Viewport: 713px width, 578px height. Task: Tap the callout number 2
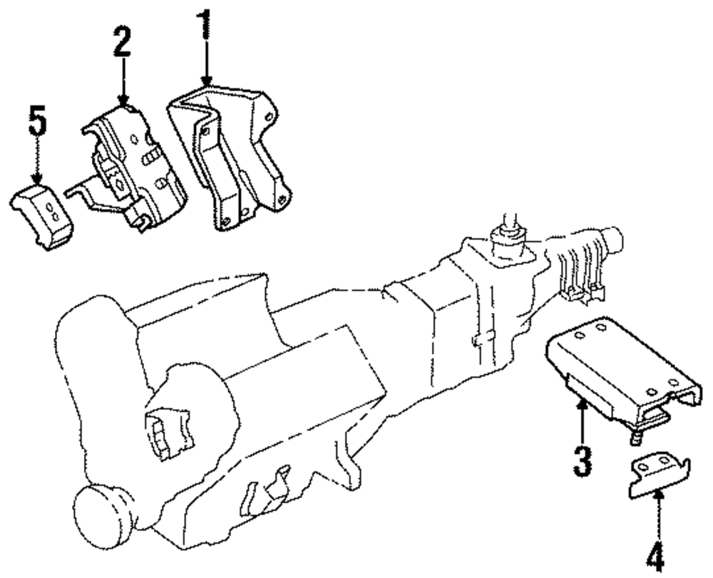pos(122,43)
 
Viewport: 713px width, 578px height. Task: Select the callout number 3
pos(583,460)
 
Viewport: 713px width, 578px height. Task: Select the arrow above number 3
pos(583,420)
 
